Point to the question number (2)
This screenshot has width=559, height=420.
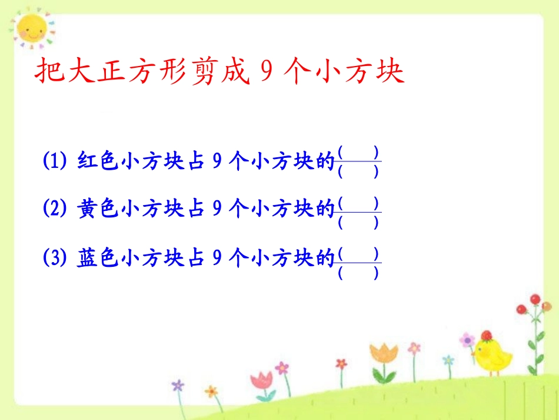click(56, 208)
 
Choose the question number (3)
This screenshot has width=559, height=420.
click(56, 259)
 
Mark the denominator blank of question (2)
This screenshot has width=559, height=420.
click(358, 223)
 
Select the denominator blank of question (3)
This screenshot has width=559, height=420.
click(358, 273)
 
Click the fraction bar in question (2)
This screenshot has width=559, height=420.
click(358, 213)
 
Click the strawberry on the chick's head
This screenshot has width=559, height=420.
click(486, 336)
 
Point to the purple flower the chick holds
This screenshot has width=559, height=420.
click(467, 340)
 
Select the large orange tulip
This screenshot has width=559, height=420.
click(384, 355)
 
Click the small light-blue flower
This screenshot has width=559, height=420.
click(448, 359)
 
